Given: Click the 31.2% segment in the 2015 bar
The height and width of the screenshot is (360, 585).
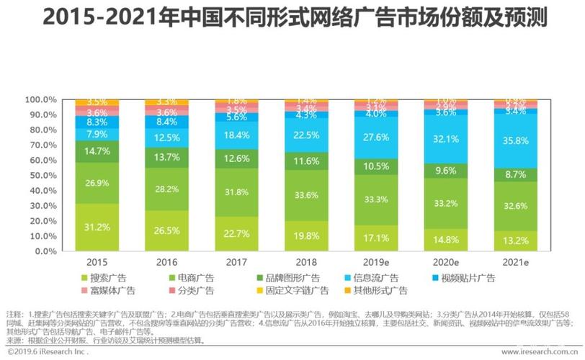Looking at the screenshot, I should coord(97,228).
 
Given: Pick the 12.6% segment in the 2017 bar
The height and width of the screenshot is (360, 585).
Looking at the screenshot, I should coord(236,159).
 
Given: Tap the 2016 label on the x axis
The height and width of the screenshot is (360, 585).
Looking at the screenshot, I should coord(166,264).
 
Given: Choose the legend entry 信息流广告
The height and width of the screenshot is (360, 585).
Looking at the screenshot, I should coord(383,278).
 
